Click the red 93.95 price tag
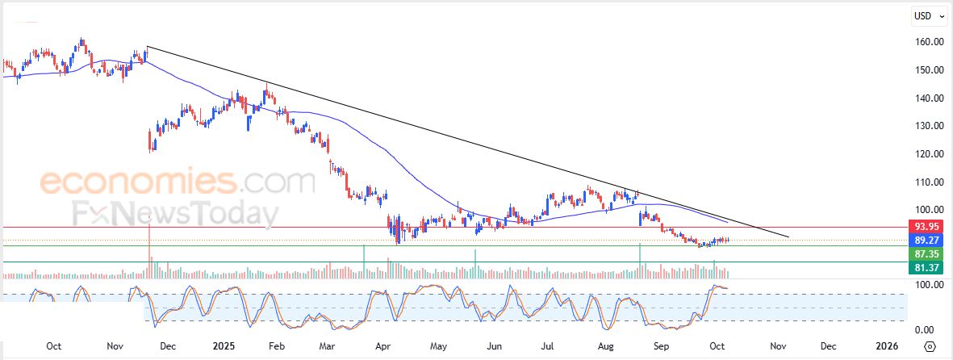[x=923, y=227]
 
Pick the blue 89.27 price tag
[x=923, y=240]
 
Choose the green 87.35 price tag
[x=923, y=253]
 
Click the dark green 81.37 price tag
[x=923, y=267]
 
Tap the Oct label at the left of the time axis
[x=53, y=346]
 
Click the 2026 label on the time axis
[x=887, y=346]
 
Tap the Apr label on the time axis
[x=384, y=346]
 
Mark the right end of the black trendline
[x=788, y=237]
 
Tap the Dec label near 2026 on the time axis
[x=829, y=346]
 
